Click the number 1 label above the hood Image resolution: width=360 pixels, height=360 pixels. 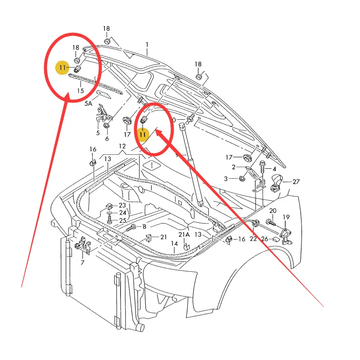[x=147, y=45]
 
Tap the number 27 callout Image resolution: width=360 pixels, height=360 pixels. [x=296, y=182]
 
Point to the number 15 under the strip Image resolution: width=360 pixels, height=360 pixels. [x=81, y=90]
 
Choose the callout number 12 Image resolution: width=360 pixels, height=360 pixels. [x=122, y=146]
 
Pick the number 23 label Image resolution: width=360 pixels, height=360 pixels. [x=122, y=205]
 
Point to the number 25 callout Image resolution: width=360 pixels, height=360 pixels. [x=122, y=220]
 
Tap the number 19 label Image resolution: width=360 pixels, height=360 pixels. [x=287, y=217]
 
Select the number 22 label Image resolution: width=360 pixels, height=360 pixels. [x=253, y=239]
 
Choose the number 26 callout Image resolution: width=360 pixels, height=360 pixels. [x=265, y=239]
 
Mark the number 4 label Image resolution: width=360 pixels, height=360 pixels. [x=274, y=169]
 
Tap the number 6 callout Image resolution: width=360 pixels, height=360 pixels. [x=107, y=138]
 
